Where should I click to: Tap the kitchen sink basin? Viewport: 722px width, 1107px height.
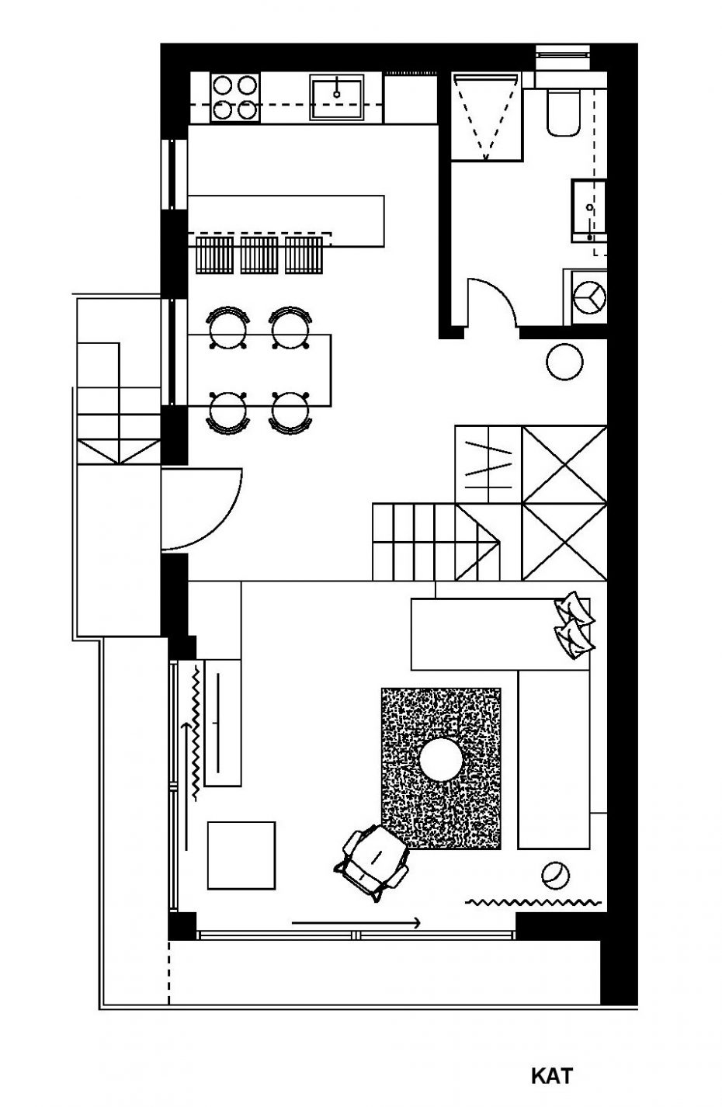point(336,97)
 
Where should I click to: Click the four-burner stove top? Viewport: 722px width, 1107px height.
point(234,97)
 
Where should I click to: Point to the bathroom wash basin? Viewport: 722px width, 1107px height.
point(588,211)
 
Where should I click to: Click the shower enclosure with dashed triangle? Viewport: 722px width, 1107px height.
point(486,117)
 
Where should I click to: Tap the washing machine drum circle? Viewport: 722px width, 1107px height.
point(589,297)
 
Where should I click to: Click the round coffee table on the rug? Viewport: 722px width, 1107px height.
point(441,760)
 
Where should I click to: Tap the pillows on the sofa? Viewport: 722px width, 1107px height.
point(574,625)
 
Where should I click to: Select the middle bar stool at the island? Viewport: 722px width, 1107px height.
point(259,255)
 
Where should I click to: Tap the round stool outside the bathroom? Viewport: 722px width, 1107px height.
point(564,362)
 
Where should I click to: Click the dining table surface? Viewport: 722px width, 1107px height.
point(259,370)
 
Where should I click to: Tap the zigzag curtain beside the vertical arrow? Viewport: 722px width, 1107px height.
point(196,733)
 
